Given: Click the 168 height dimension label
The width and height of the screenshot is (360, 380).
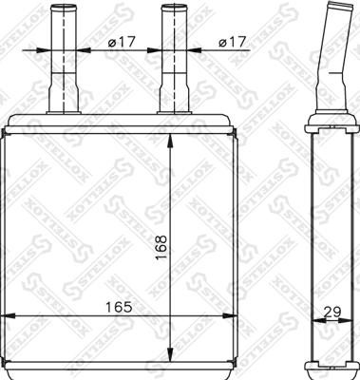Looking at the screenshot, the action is coord(161,247).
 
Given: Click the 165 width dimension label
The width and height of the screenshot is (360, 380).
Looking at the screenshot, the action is coord(119,307).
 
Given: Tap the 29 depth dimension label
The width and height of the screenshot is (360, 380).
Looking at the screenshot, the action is coord(332,313).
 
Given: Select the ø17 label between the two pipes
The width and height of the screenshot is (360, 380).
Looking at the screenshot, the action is coord(122,42).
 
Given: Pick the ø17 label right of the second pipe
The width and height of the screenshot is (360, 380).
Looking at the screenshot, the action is coord(232,42).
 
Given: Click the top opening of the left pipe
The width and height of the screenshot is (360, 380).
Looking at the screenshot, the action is coord(64,7).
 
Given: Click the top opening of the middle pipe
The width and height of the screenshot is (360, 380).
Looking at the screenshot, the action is coord(174,7).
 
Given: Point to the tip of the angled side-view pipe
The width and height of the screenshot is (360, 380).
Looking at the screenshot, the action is coord(340,6).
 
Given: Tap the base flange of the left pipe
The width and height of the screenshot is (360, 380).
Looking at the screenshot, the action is coord(64,112).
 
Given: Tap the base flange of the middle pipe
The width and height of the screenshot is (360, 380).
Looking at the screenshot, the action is coord(175,112).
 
